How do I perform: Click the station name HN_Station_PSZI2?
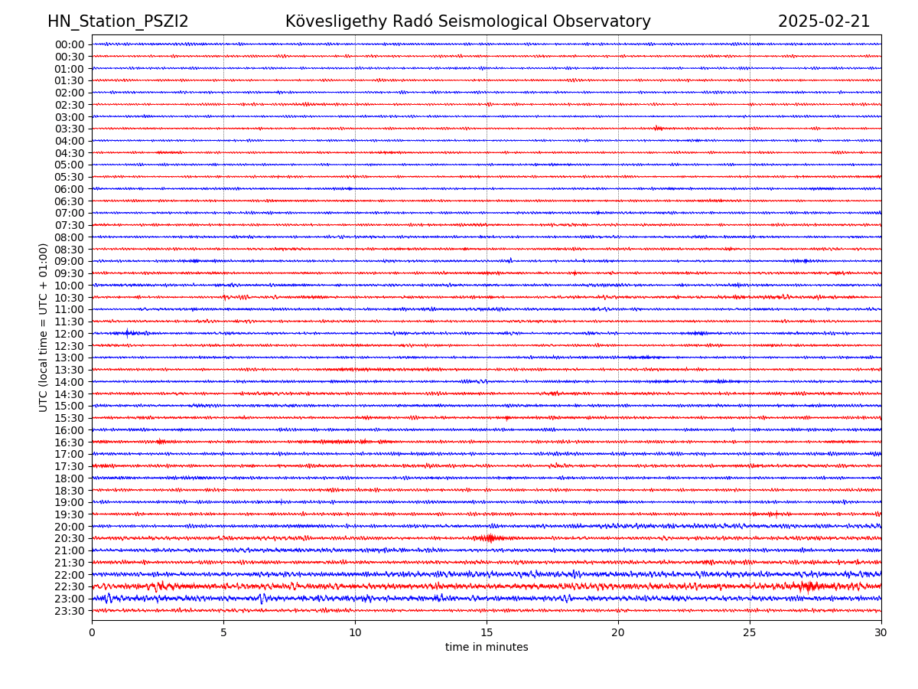click(118, 21)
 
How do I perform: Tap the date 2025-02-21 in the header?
click(824, 21)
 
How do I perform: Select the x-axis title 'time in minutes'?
click(487, 648)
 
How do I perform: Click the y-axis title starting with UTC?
click(44, 327)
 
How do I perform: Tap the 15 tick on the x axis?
click(487, 633)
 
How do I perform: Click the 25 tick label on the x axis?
click(750, 633)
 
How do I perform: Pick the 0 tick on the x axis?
click(92, 633)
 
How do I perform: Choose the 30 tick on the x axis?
click(881, 633)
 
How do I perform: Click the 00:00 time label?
click(70, 44)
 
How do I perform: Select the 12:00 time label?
click(70, 334)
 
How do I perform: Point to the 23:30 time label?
click(70, 611)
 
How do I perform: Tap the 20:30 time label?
click(70, 538)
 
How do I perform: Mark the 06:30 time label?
click(70, 201)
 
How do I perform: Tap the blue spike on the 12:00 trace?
click(128, 332)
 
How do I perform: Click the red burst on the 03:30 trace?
click(659, 128)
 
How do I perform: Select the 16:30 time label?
click(70, 442)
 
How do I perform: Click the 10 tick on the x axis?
click(355, 633)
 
